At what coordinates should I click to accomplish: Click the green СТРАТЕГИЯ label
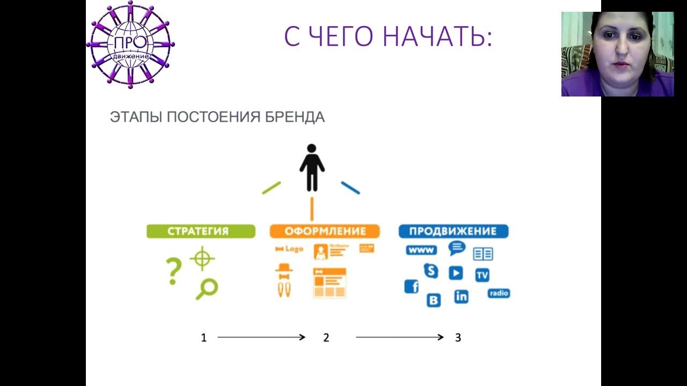[x=201, y=232]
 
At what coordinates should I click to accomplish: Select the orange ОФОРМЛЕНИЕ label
[x=325, y=232]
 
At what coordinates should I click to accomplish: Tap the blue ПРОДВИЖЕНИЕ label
[x=453, y=232]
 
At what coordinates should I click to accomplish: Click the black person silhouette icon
[x=312, y=167]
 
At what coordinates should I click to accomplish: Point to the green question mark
[x=173, y=271]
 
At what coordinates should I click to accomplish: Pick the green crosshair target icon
[x=202, y=258]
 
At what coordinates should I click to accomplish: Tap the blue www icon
[x=421, y=250]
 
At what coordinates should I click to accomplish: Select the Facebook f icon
[x=412, y=287]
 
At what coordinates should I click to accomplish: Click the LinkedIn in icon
[x=461, y=296]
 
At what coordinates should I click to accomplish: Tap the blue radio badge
[x=499, y=294]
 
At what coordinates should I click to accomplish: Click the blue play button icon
[x=456, y=273]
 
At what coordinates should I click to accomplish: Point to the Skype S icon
[x=430, y=271]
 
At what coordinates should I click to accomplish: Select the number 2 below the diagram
[x=326, y=338]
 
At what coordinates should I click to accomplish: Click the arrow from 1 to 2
[x=261, y=337]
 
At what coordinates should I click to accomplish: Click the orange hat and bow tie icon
[x=284, y=271]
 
